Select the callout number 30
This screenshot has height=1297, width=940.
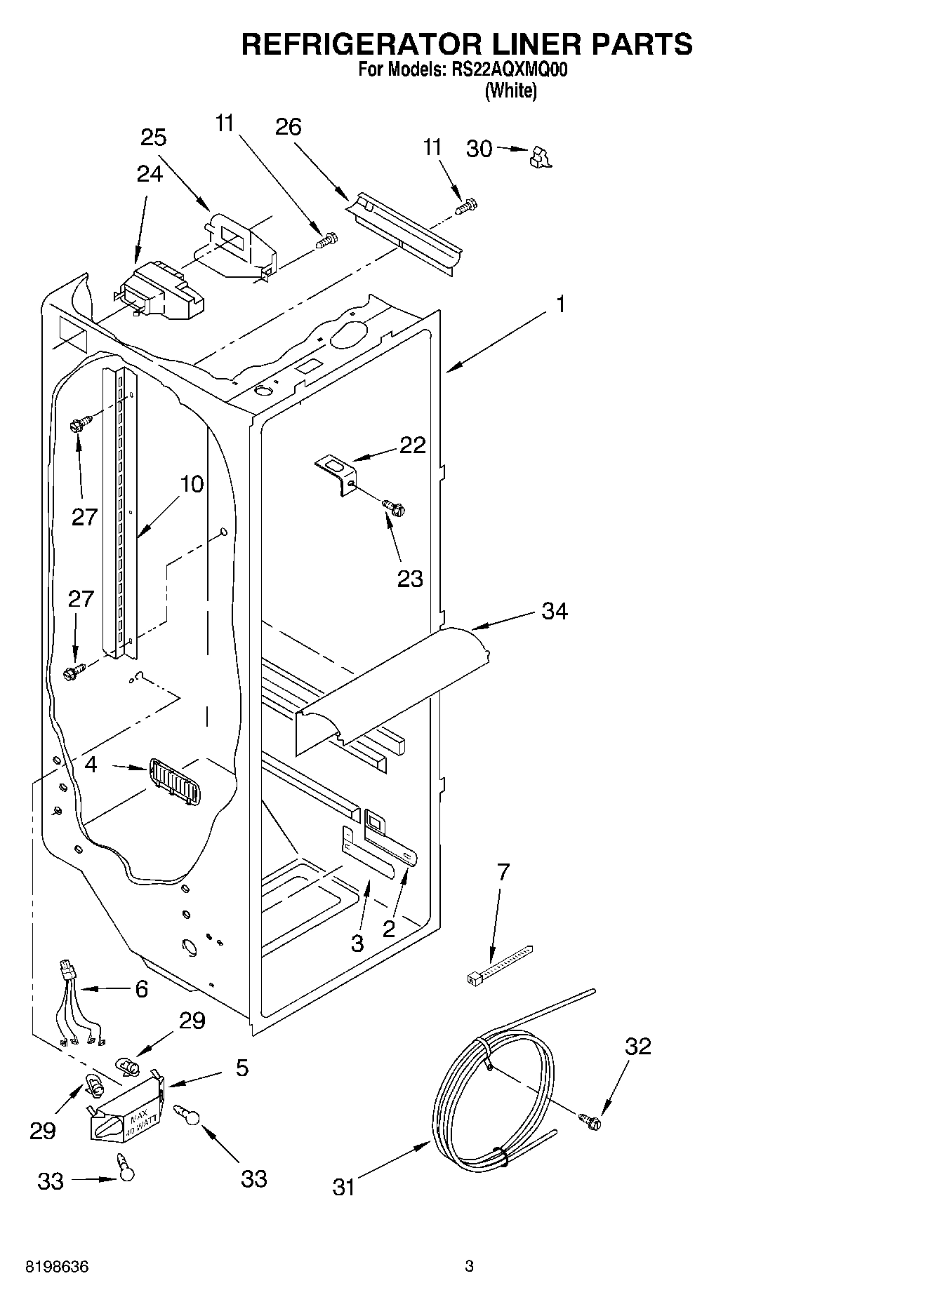click(x=479, y=149)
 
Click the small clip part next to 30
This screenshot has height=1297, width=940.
click(x=540, y=158)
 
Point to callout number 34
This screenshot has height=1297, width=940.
click(x=555, y=612)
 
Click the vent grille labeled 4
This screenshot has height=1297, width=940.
click(x=174, y=781)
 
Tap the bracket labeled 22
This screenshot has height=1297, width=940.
click(x=336, y=473)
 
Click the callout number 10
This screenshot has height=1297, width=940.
click(x=191, y=484)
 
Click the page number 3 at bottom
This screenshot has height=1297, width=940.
click(x=469, y=1267)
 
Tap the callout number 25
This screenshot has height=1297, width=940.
click(x=153, y=137)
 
